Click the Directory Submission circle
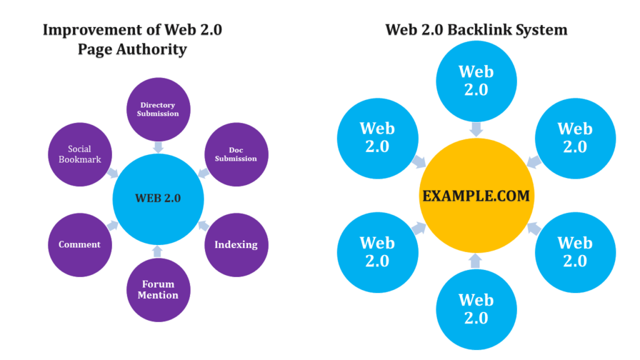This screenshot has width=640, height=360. [x=158, y=109]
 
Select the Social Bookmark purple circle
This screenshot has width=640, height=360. [x=80, y=154]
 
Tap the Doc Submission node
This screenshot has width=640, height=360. [x=236, y=154]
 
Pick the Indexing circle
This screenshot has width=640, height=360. [x=236, y=245]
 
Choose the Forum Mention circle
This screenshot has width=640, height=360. [x=158, y=290]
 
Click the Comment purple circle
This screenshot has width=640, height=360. [x=80, y=245]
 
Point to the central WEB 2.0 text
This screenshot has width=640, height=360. [x=158, y=199]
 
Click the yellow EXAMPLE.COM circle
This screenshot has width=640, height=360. [x=476, y=196]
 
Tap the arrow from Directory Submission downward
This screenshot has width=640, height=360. [x=158, y=147]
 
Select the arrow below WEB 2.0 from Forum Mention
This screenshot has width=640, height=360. [x=157, y=251]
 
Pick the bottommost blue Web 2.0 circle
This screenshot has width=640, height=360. [x=476, y=309]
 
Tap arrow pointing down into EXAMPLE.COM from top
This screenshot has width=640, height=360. [x=476, y=129]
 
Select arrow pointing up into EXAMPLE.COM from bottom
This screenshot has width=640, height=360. [x=476, y=260]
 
